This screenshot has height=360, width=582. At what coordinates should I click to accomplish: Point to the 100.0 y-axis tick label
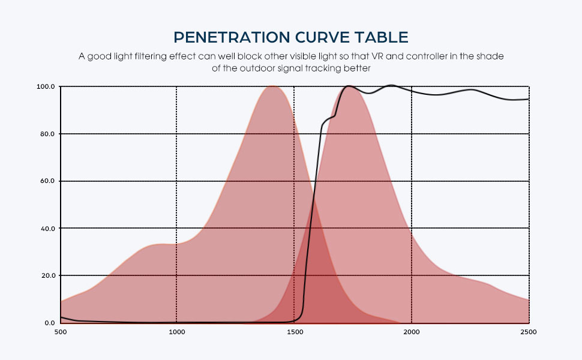[46, 86]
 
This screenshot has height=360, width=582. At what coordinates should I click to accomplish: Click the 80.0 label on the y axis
[47, 134]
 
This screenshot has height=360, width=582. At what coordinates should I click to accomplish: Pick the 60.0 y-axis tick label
[47, 181]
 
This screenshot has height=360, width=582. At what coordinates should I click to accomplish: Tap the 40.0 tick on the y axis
[47, 229]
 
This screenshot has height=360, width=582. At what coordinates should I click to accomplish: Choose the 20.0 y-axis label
[47, 275]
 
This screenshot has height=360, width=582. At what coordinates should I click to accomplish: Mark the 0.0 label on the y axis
[49, 323]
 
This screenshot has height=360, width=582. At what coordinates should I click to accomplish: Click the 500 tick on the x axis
[61, 331]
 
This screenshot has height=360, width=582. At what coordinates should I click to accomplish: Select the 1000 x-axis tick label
[176, 331]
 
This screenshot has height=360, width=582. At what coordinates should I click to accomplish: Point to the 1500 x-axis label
[294, 331]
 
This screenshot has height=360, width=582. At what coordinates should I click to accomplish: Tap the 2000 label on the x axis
[412, 331]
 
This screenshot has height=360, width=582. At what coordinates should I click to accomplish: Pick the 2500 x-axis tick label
[529, 331]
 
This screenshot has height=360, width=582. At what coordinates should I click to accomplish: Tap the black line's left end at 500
[61, 317]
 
